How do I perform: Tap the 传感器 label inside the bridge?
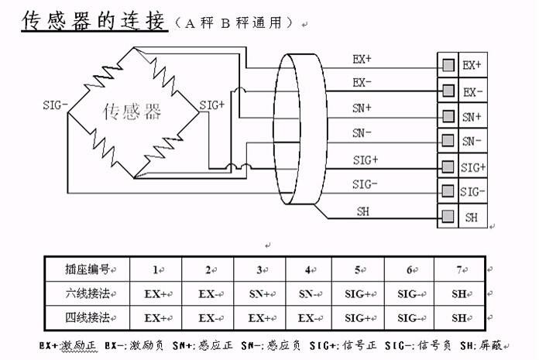coord(132,112)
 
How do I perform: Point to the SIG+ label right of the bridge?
coord(212,105)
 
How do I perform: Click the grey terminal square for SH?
coord(448,217)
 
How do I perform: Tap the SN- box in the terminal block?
coord(472,141)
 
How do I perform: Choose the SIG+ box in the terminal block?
coord(472,166)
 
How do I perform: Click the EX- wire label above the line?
coord(362,82)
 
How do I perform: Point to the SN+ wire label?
coord(362,108)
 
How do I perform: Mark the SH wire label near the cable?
coord(362,211)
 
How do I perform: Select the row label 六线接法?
coord(87,293)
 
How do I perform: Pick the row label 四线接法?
coord(87,317)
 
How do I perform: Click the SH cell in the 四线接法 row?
coord(459,317)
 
